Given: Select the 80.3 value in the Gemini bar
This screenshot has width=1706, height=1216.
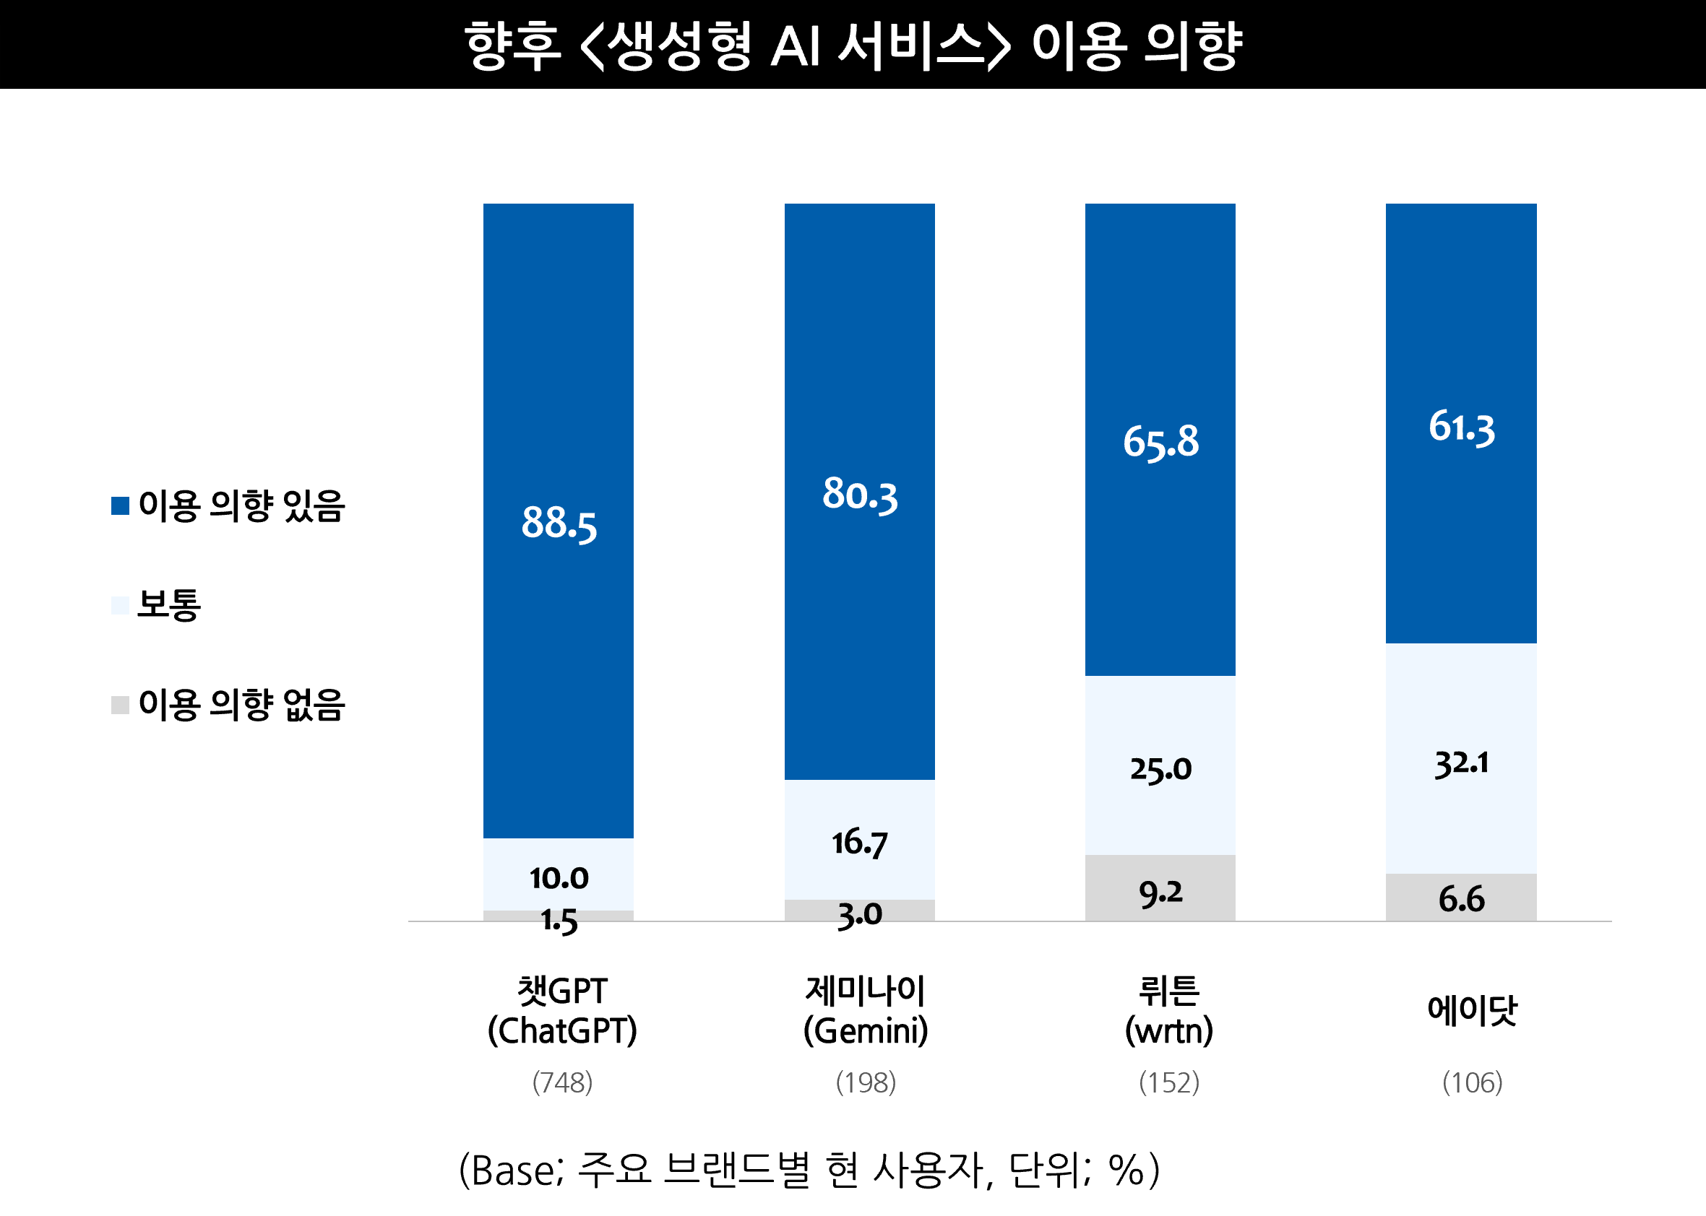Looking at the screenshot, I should click(x=859, y=495).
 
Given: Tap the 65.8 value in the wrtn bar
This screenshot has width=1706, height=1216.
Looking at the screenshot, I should click(x=1160, y=442).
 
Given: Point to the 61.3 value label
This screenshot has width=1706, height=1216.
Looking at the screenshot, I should click(x=1461, y=427).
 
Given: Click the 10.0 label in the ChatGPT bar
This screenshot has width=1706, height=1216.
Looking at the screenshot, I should click(x=559, y=878).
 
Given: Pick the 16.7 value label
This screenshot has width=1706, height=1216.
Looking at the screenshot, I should click(x=859, y=843).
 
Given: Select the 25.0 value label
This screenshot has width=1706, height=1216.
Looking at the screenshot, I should click(x=1160, y=769).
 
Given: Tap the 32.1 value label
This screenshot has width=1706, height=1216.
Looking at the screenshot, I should click(x=1461, y=764).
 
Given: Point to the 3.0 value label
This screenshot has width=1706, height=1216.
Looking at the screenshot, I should click(x=859, y=915).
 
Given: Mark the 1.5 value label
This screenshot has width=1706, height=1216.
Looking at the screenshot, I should click(x=559, y=920).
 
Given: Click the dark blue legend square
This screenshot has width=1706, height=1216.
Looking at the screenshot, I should click(x=120, y=506).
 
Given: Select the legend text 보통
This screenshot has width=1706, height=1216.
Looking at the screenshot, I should click(x=169, y=605).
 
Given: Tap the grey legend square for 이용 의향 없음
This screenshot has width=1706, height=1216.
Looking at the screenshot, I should click(x=120, y=705).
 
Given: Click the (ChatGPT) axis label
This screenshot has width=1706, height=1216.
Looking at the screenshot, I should click(x=562, y=1031).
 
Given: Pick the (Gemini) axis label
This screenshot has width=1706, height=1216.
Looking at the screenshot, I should click(x=866, y=1031).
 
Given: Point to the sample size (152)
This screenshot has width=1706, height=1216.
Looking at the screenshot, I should click(x=1169, y=1082).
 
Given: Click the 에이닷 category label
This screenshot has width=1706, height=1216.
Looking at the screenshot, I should click(x=1471, y=1010).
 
